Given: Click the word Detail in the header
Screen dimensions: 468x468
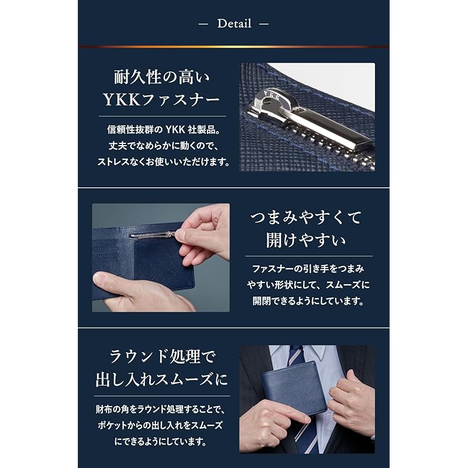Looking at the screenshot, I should [x=234, y=24].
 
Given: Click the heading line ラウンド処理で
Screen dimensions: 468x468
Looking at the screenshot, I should [x=161, y=357].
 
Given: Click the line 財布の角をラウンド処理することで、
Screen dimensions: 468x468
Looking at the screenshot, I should [x=161, y=409].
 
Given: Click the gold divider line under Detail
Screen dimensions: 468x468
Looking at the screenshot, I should [x=234, y=46].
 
